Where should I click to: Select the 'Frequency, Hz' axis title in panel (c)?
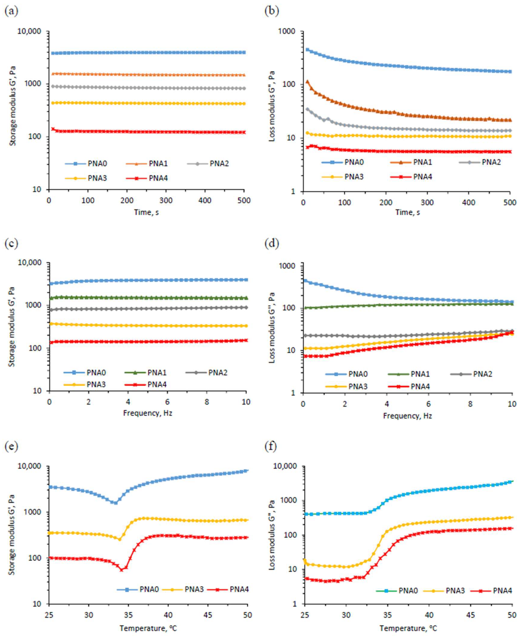pyautogui.click(x=148, y=413)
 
